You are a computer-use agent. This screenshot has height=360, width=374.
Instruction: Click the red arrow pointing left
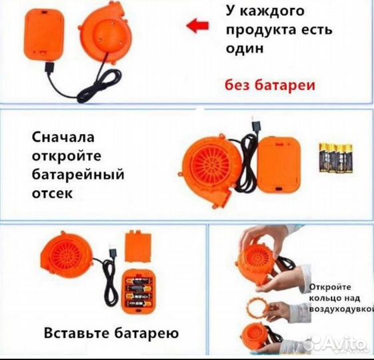pos(195,26)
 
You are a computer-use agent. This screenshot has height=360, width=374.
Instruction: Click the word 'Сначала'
pos(64,138)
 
